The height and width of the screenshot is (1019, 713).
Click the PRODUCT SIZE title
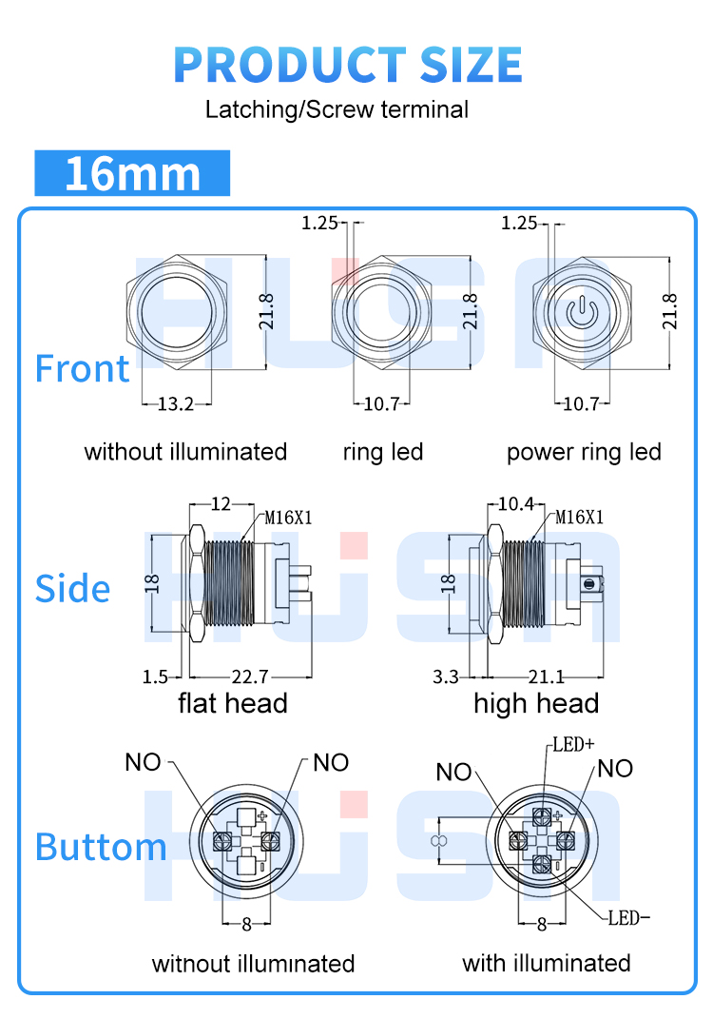348,64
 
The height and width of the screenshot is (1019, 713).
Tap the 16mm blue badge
132,173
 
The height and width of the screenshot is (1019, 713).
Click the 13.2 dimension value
175,404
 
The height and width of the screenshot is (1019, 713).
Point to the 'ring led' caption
382,452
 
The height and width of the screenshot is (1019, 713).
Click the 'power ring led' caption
583,452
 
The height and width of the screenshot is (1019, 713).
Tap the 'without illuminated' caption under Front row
185,452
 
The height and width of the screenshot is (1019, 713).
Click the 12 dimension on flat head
221,502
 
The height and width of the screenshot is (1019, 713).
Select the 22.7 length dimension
250,677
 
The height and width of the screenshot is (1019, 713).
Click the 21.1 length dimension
546,677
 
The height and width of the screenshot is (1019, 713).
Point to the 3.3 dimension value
445,677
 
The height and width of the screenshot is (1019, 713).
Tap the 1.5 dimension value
155,677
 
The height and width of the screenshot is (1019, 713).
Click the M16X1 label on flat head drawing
288,518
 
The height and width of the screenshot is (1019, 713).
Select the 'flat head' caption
233,703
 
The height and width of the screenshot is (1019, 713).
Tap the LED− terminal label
628,918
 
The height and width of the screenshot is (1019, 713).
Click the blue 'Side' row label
72,589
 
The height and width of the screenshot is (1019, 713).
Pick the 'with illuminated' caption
546,963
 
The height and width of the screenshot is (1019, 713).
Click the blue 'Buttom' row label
101,847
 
